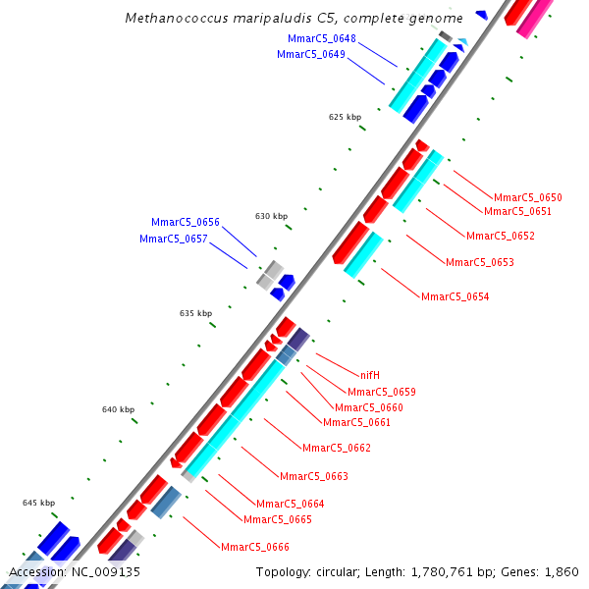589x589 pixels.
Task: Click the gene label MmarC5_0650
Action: pos(527,197)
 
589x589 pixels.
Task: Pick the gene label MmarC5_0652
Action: pos(500,236)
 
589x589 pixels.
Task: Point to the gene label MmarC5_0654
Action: pos(455,296)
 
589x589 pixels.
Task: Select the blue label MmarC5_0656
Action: pos(185,222)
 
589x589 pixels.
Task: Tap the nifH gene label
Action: pos(369,375)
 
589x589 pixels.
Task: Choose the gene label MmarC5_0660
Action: pos(368,407)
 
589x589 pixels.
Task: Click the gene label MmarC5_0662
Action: pos(336,448)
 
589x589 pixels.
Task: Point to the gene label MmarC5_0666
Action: pos(254,547)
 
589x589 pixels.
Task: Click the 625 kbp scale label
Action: pos(345,117)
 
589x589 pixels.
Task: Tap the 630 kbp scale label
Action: pos(271,216)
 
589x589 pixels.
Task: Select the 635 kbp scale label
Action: pos(195,313)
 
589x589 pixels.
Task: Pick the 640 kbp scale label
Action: pos(118,409)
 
